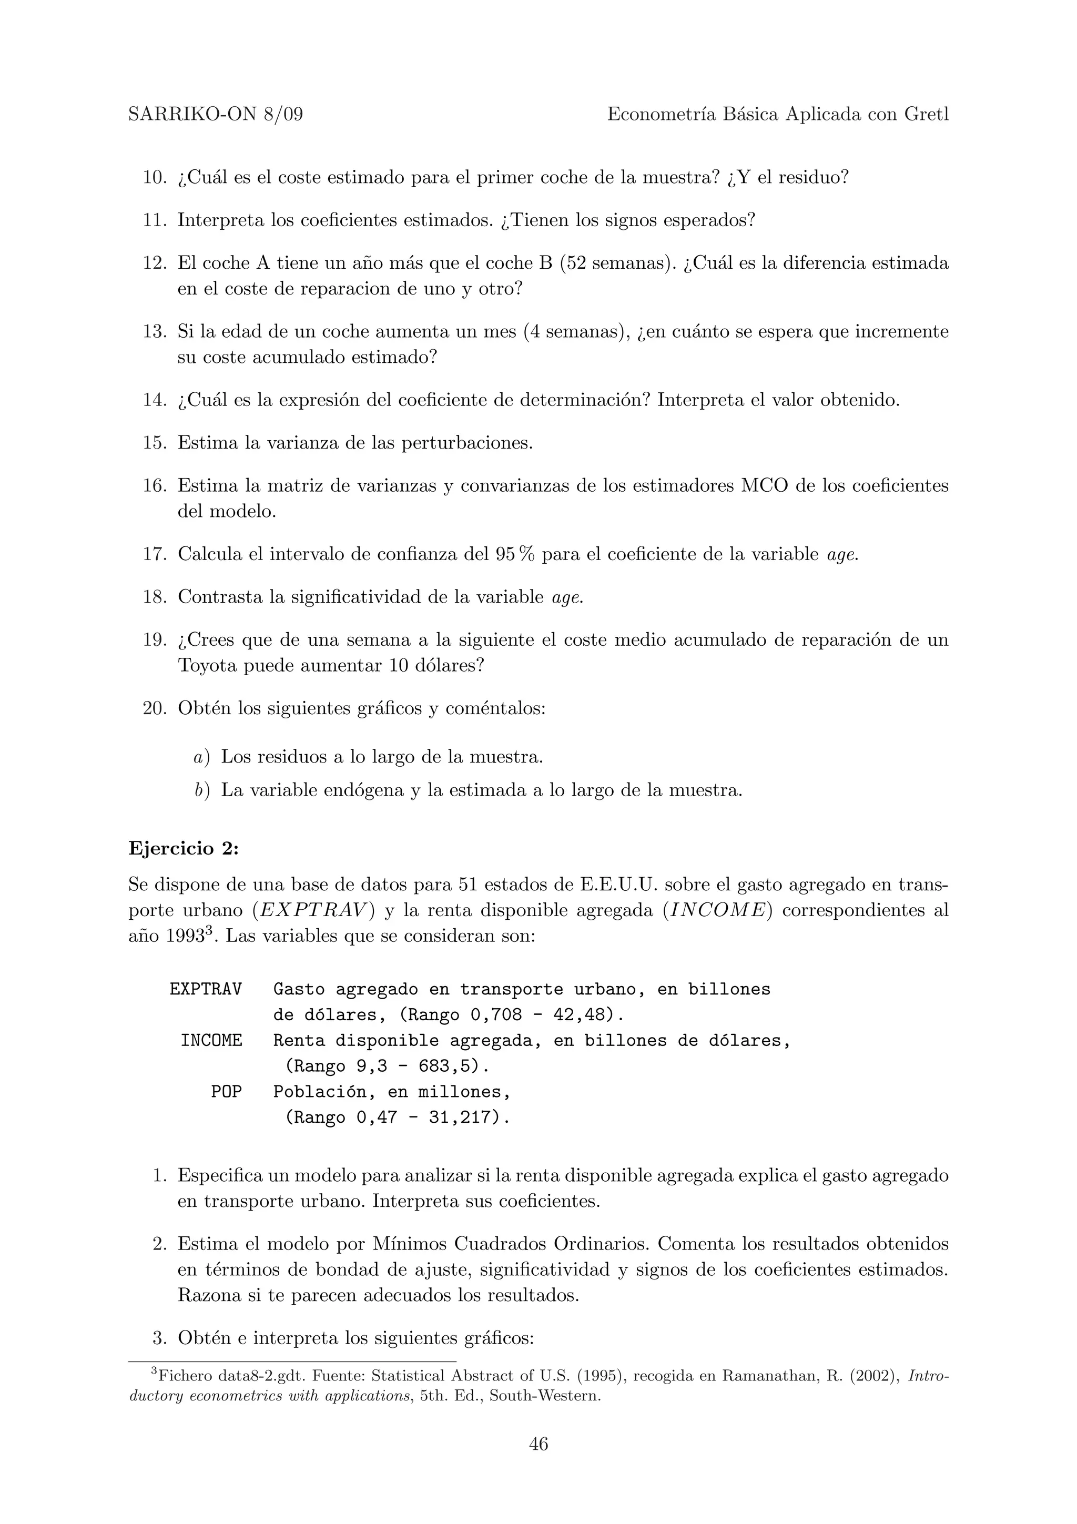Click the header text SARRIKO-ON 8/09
[x=216, y=115]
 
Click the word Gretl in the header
[x=927, y=115]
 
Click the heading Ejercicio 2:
[x=183, y=848]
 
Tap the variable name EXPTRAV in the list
[x=206, y=990]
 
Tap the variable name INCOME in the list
[x=211, y=1041]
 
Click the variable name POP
[x=226, y=1092]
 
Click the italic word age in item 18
[x=567, y=597]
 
